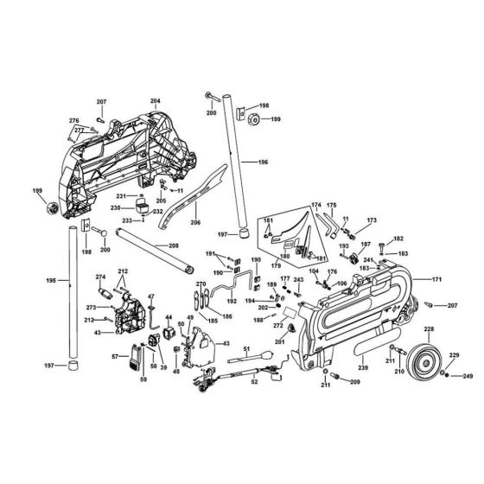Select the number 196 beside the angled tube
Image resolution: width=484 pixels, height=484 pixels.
point(263,162)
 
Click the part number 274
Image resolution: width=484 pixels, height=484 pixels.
point(100,277)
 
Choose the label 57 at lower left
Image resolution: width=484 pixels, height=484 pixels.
point(114,356)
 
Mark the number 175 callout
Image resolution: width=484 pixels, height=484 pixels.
point(331,205)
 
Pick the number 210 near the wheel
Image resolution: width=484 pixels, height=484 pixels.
point(400,372)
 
